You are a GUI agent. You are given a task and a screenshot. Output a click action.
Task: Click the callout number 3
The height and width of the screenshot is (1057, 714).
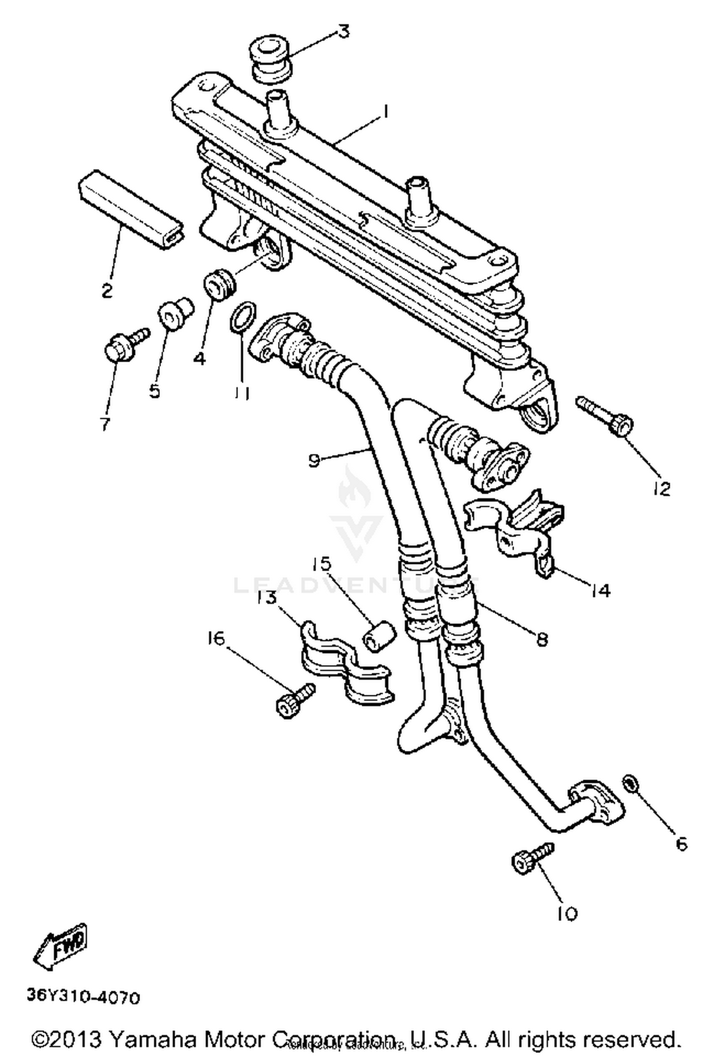point(343,32)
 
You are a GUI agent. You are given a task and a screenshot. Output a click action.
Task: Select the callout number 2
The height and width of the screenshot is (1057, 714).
point(108,290)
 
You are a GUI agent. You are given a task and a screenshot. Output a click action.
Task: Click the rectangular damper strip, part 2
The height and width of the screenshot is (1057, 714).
point(131,209)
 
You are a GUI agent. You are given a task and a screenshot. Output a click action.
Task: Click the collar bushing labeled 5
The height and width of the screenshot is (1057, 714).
point(174,314)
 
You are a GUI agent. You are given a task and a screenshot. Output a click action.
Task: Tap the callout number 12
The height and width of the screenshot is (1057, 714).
point(662,489)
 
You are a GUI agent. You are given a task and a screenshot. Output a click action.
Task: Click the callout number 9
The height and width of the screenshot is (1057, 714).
point(314,460)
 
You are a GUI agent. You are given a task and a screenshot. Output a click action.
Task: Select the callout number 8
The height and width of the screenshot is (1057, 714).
point(542,639)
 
